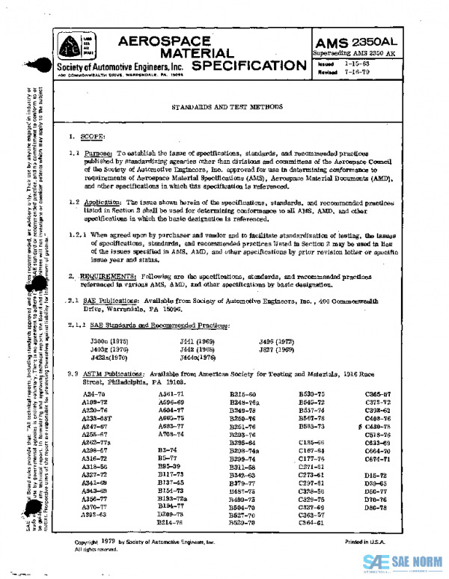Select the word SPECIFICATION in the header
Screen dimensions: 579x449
point(246,66)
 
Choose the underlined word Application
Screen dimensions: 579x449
point(102,203)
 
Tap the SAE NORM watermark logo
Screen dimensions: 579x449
point(401,562)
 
